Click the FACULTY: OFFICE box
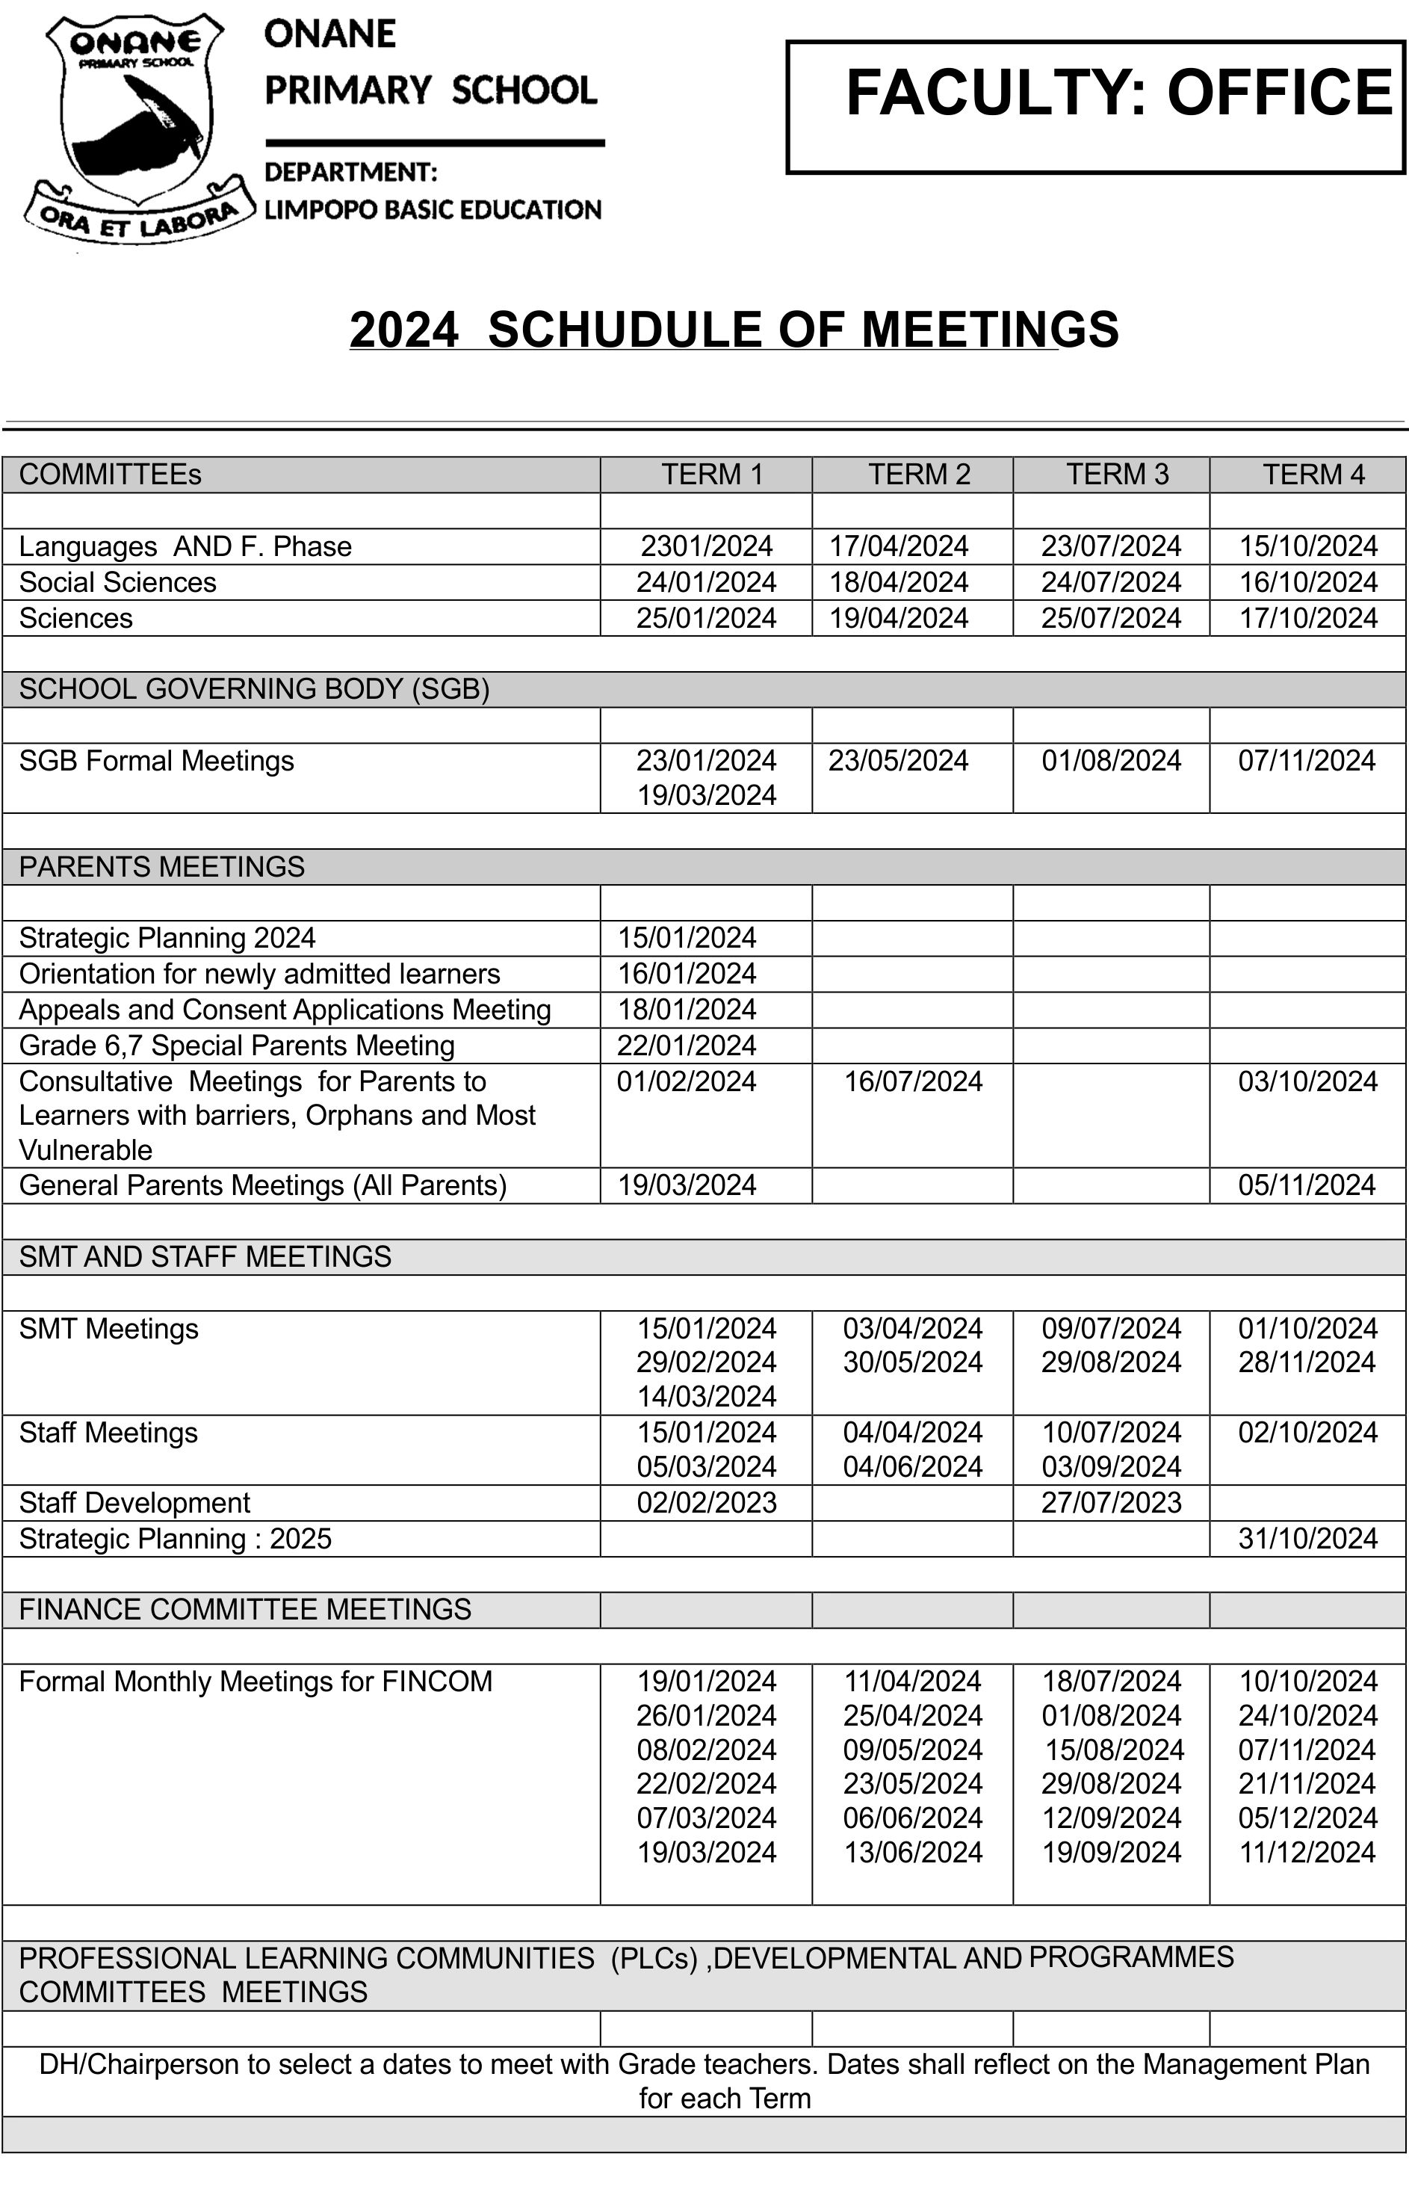[1095, 106]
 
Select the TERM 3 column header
[1117, 474]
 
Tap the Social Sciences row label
[117, 582]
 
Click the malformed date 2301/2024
[706, 546]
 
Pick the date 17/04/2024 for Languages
[899, 546]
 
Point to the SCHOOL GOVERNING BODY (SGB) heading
[254, 689]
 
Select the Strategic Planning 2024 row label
[167, 938]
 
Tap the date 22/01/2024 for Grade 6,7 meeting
[687, 1045]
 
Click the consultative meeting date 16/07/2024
[912, 1081]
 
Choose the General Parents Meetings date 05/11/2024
[1307, 1185]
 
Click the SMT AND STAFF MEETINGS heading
[205, 1257]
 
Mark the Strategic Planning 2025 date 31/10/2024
[1307, 1538]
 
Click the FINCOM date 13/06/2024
[912, 1852]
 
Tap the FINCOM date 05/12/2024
[1307, 1818]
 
